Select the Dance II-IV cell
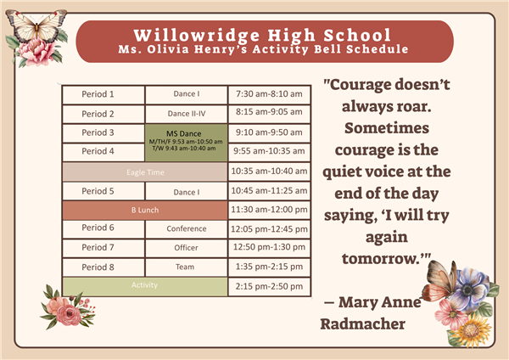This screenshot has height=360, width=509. pos(187,114)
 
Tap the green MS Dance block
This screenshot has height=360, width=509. pos(186,143)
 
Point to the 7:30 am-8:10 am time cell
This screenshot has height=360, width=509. pos(269,95)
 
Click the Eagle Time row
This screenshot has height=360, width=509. pos(145,172)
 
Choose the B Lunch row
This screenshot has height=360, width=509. pos(145,210)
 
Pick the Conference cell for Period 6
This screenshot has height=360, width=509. pos(187,229)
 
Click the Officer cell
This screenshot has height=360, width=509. pos(187,248)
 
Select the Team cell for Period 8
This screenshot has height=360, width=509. pos(187,267)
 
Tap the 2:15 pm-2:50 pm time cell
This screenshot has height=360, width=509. pos(269,287)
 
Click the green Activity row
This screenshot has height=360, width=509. pos(145,286)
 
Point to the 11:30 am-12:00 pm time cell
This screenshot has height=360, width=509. pos(269,210)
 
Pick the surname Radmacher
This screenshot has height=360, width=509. pos(362,324)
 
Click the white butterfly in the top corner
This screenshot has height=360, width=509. pos(36,26)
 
